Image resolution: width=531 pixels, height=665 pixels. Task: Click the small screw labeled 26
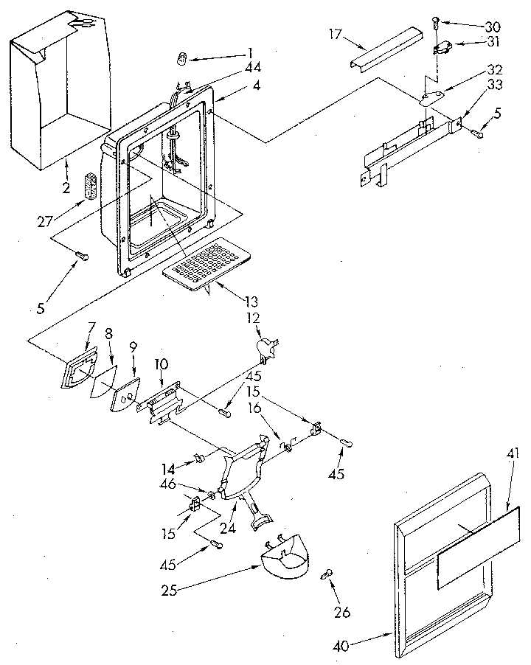pyautogui.click(x=325, y=576)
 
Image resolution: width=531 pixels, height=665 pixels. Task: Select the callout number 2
pyautogui.click(x=66, y=188)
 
